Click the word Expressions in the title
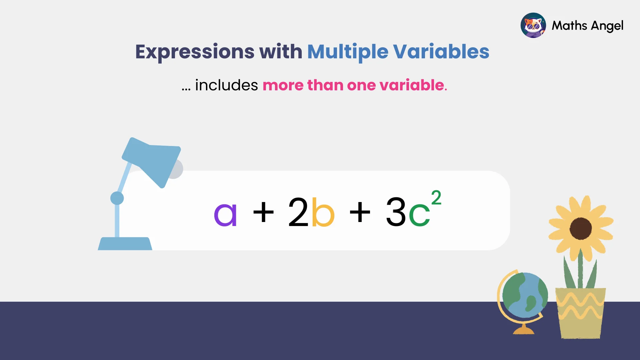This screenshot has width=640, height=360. (195, 52)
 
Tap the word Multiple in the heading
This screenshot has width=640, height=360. (347, 52)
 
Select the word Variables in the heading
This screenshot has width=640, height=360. (441, 52)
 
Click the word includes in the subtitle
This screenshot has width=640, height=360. (226, 85)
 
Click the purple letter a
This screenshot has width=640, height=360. (225, 215)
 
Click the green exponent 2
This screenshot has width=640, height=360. (436, 198)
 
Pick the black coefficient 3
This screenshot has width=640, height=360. (396, 212)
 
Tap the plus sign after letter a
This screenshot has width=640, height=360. (263, 212)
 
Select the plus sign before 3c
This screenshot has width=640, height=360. (360, 212)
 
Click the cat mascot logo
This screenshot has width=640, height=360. (533, 25)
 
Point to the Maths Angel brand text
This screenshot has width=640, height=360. (587, 26)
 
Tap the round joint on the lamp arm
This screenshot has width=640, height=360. (117, 198)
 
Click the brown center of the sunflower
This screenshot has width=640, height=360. (581, 228)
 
